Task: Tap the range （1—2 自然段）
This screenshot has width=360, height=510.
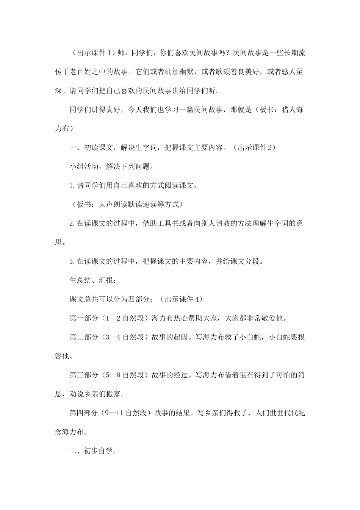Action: pyautogui.click(x=125, y=318)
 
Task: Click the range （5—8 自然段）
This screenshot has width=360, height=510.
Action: pyautogui.click(x=125, y=375)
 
